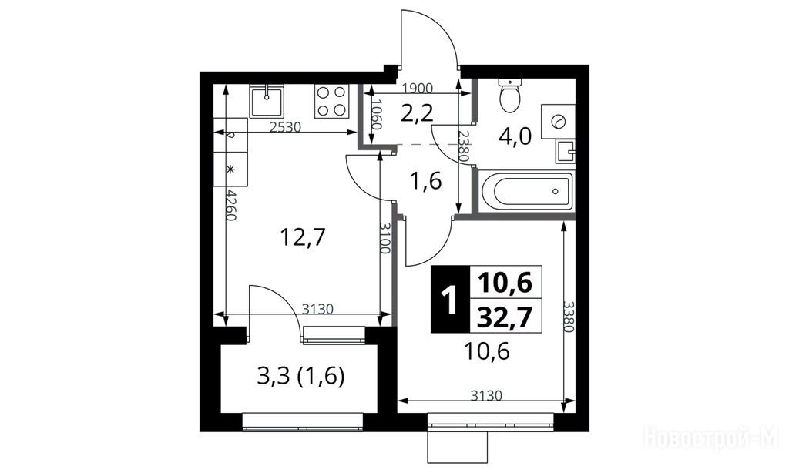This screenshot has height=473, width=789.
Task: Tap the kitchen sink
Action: (x=267, y=101)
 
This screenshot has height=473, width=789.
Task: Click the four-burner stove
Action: (x=331, y=101)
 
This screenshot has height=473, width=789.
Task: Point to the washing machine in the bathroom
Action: (x=558, y=121)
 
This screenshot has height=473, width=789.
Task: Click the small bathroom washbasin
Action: (x=566, y=152)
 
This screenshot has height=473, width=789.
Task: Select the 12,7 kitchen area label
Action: (x=303, y=237)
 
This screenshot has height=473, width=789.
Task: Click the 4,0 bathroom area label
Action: (x=515, y=136)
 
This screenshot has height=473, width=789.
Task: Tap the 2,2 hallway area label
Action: (x=417, y=114)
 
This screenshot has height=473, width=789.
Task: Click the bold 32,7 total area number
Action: (x=505, y=317)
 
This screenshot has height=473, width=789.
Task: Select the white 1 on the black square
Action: (x=449, y=300)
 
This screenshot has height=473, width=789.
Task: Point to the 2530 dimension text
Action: (x=285, y=127)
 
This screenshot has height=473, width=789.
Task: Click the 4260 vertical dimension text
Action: (x=230, y=205)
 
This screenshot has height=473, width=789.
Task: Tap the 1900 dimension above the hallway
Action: (x=418, y=89)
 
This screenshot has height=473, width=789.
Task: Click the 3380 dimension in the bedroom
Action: (x=568, y=317)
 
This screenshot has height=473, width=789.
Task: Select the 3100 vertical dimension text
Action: (x=384, y=238)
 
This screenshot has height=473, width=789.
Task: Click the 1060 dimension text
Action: (x=378, y=116)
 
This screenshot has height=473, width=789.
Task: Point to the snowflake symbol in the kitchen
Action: (x=230, y=169)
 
